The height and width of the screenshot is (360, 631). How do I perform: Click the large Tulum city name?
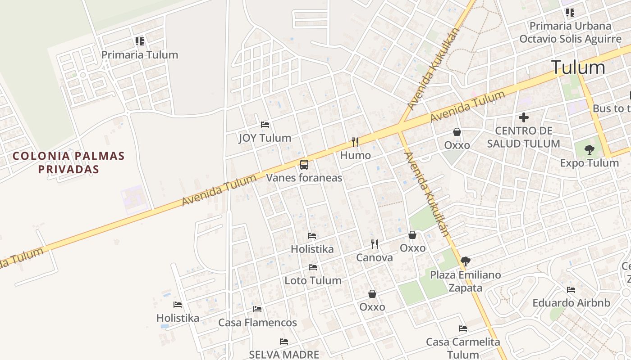pyautogui.click(x=578, y=67)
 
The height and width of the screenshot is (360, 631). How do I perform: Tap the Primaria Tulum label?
pyautogui.click(x=140, y=55)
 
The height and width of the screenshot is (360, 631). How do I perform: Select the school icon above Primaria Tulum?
pyautogui.click(x=140, y=41)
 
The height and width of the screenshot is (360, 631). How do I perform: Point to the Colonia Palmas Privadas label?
pyautogui.click(x=69, y=162)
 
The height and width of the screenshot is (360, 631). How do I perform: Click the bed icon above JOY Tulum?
pyautogui.click(x=265, y=124)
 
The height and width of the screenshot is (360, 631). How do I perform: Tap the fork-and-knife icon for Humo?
pyautogui.click(x=355, y=142)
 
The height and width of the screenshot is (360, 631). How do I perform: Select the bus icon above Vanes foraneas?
pyautogui.click(x=304, y=164)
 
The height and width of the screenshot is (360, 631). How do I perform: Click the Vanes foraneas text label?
pyautogui.click(x=304, y=178)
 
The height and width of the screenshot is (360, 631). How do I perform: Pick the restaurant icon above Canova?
pyautogui.click(x=375, y=244)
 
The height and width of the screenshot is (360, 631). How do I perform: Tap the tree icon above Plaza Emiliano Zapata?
pyautogui.click(x=466, y=261)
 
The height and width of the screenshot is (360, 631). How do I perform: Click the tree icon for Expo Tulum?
pyautogui.click(x=589, y=149)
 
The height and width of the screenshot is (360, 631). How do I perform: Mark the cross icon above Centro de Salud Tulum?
pyautogui.click(x=523, y=117)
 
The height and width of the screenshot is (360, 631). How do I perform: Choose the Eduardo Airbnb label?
pyautogui.click(x=571, y=303)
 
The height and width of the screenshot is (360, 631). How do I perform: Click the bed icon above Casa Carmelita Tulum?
pyautogui.click(x=463, y=328)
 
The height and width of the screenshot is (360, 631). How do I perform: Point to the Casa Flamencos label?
pyautogui.click(x=257, y=323)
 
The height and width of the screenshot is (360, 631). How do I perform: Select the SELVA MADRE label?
pyautogui.click(x=284, y=355)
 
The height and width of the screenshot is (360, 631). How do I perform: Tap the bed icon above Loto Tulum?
pyautogui.click(x=313, y=267)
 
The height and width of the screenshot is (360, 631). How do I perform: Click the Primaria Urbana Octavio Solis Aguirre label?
pyautogui.click(x=570, y=32)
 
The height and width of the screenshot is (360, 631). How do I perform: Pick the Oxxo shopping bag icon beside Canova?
pyautogui.click(x=412, y=235)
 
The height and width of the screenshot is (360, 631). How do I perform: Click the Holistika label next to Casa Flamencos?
pyautogui.click(x=178, y=318)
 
